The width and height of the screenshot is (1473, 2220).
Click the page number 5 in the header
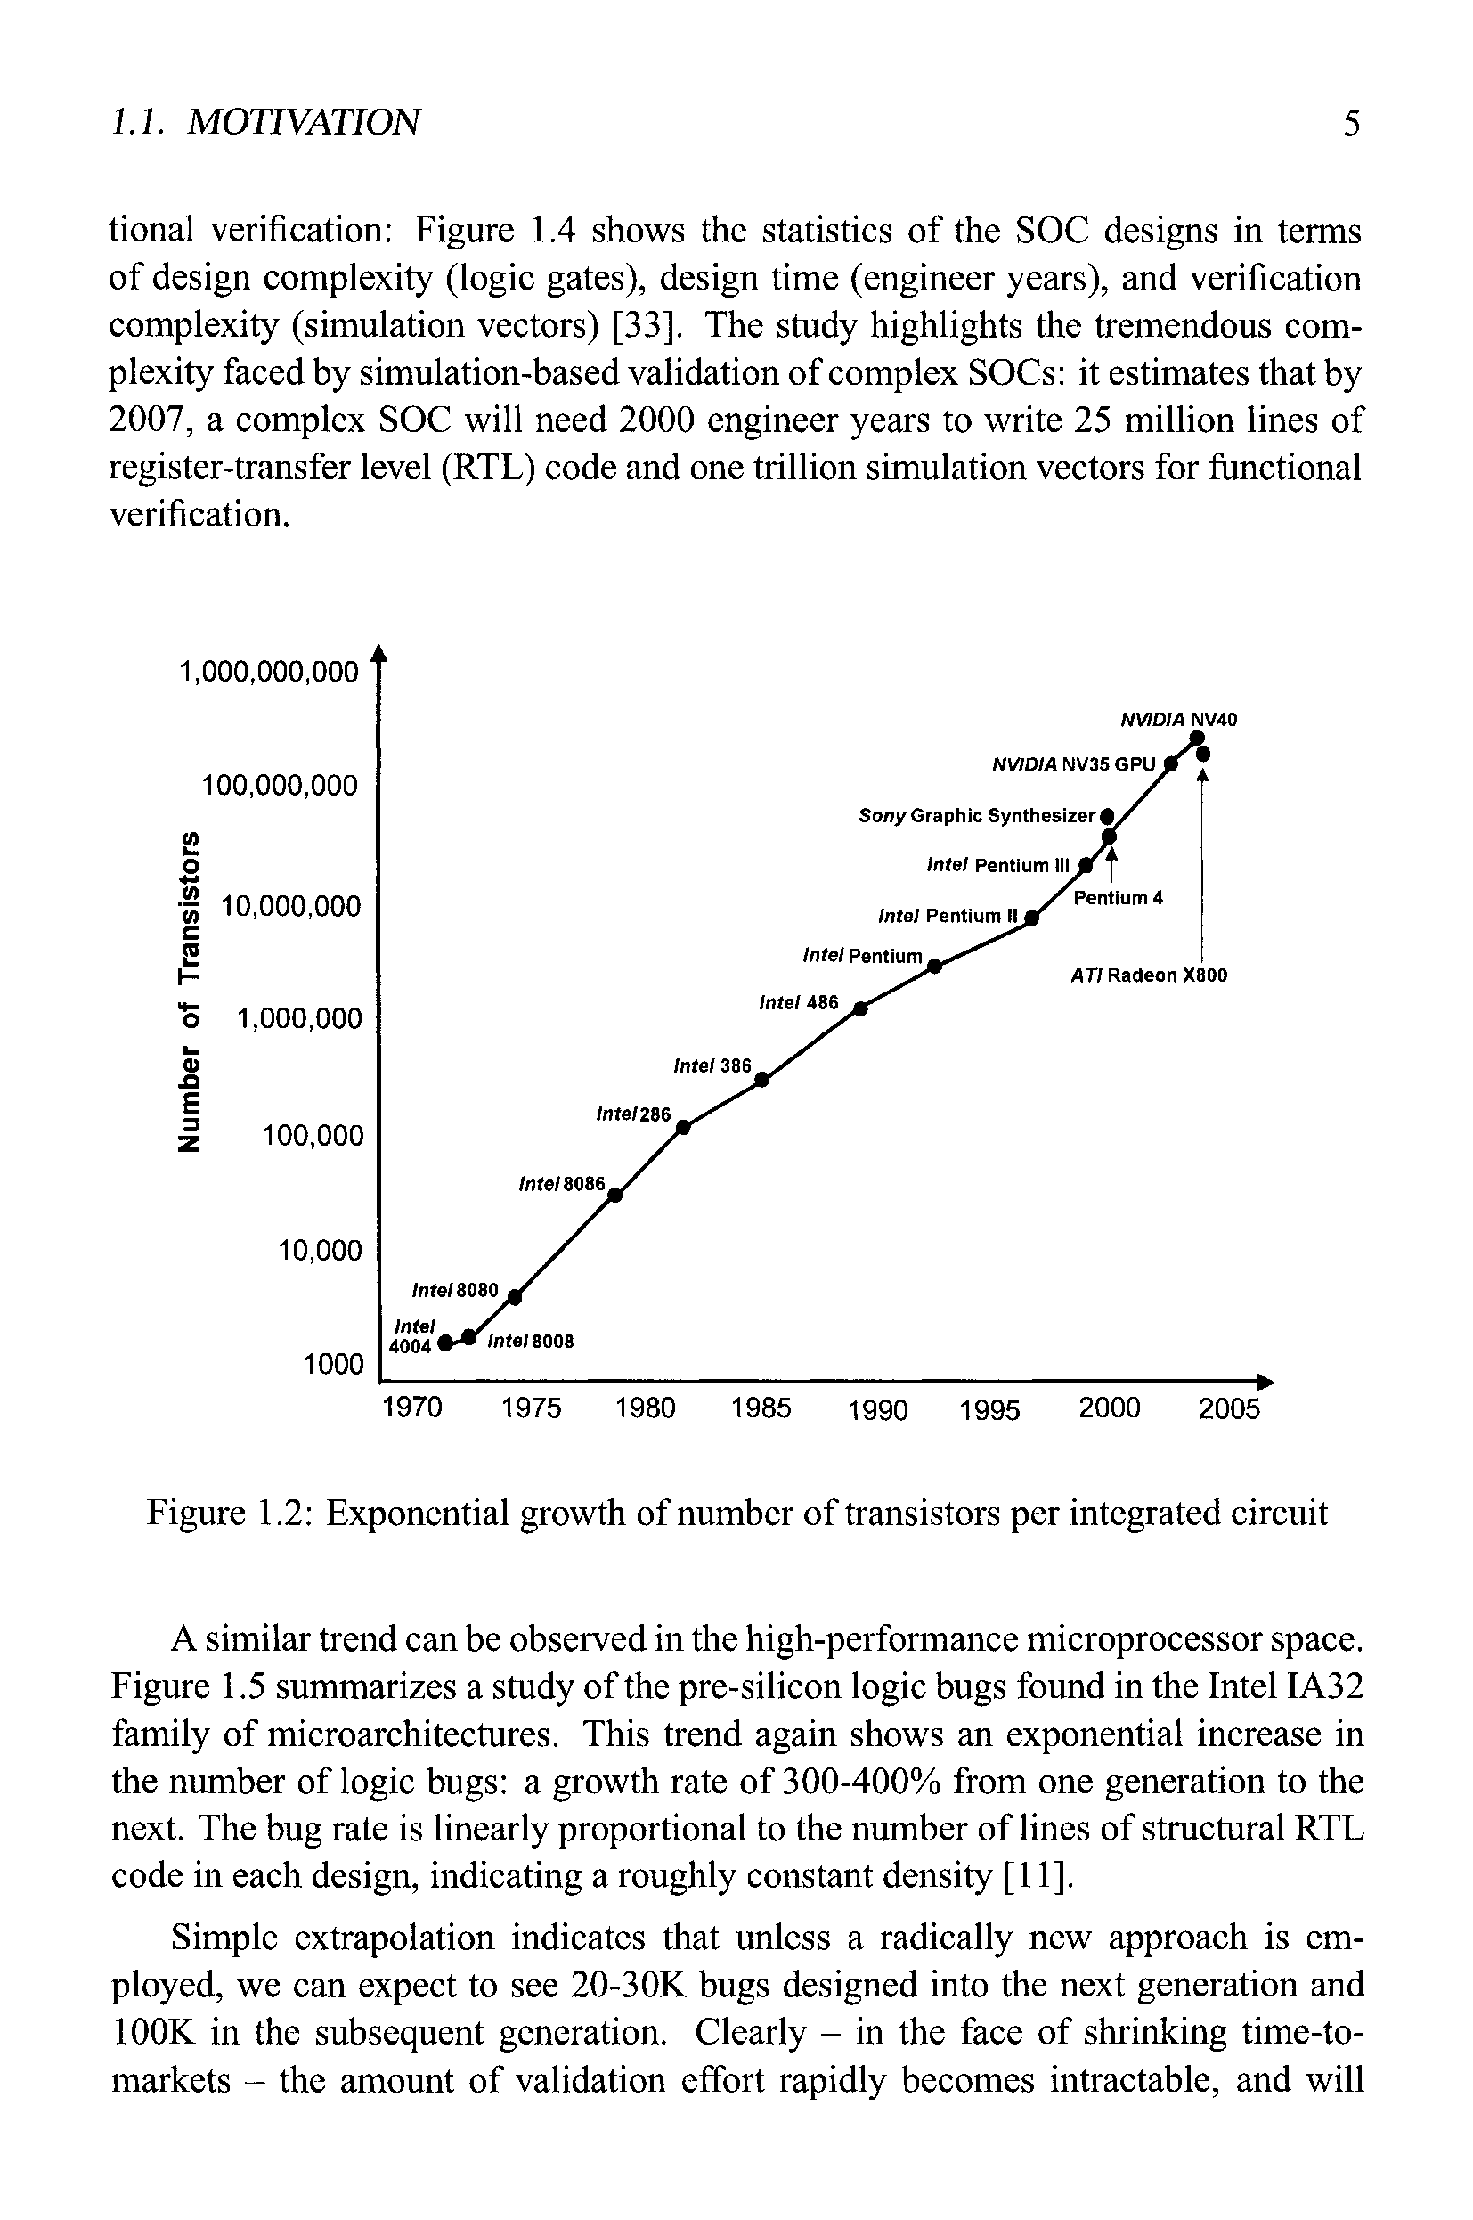[x=1351, y=123]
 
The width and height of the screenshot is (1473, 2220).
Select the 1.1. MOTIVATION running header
[x=266, y=122]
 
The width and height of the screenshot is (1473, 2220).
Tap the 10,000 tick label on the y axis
[x=320, y=1251]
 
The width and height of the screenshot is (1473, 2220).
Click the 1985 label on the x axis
[x=761, y=1409]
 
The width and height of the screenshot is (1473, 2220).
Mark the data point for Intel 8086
[x=615, y=1195]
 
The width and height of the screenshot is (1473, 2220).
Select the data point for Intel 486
[x=859, y=1011]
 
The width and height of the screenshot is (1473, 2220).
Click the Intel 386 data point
[x=761, y=1081]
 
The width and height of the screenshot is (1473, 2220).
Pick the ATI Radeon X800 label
[x=1149, y=976]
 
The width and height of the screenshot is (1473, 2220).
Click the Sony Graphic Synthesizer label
[x=977, y=815]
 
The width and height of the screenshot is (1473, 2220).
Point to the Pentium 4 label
[x=1118, y=898]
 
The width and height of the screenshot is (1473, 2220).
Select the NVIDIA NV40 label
[x=1179, y=720]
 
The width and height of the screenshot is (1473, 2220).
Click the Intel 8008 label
[x=530, y=1342]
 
